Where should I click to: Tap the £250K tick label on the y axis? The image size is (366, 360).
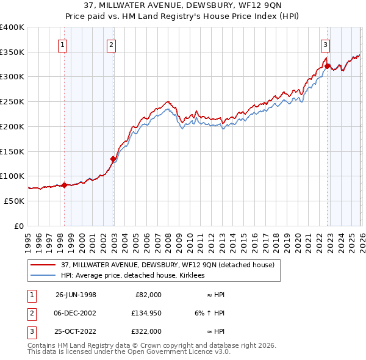12,101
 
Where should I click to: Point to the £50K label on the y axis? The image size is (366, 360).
14,201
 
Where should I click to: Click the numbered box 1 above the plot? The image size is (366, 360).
63,44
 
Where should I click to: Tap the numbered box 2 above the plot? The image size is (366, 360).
111,44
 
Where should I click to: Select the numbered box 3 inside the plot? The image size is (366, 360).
325,44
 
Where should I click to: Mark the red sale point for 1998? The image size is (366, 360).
65,185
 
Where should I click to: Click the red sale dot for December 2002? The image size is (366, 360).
113,159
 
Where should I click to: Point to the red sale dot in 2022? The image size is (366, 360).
328,66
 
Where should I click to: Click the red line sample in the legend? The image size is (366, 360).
43,265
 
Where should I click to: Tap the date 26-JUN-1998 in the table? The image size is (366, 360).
76,295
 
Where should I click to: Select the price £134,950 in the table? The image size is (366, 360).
145,313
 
